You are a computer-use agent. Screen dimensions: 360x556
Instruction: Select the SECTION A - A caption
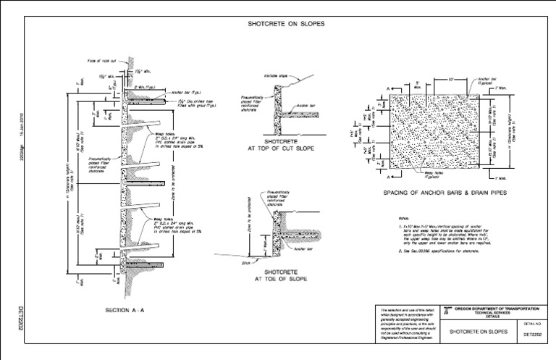click(125, 310)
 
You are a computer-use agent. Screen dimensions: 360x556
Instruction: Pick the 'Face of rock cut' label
click(102, 60)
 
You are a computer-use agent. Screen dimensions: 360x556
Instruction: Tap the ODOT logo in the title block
click(447, 309)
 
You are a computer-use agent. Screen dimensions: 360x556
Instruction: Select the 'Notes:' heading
click(403, 217)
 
